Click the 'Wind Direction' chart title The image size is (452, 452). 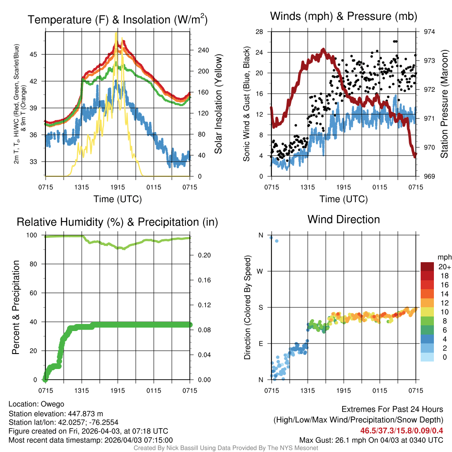343,219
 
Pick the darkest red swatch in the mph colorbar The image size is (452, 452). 428,267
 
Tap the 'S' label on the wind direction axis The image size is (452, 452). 260,307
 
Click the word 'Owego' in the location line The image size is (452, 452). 53,404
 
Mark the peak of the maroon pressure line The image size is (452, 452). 323,49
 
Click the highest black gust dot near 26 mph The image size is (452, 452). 395,41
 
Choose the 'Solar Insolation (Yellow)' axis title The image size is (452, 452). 218,104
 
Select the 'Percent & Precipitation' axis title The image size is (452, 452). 16,307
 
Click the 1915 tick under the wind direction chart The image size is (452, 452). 343,391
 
